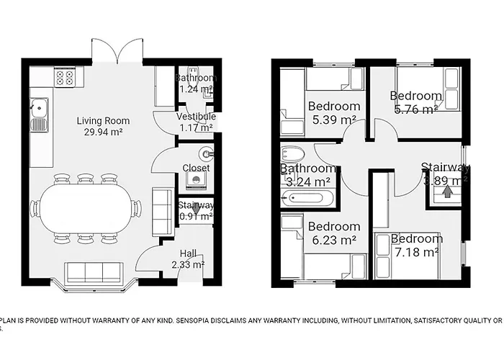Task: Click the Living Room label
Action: (100, 120)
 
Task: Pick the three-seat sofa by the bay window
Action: (93, 272)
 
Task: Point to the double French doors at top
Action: (117, 52)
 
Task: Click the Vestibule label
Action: (196, 117)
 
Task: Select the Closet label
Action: (196, 168)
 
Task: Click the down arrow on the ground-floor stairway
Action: (195, 207)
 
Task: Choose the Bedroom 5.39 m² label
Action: (334, 107)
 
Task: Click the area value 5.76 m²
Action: (415, 109)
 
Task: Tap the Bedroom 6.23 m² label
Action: (334, 226)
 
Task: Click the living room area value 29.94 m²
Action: (100, 132)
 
